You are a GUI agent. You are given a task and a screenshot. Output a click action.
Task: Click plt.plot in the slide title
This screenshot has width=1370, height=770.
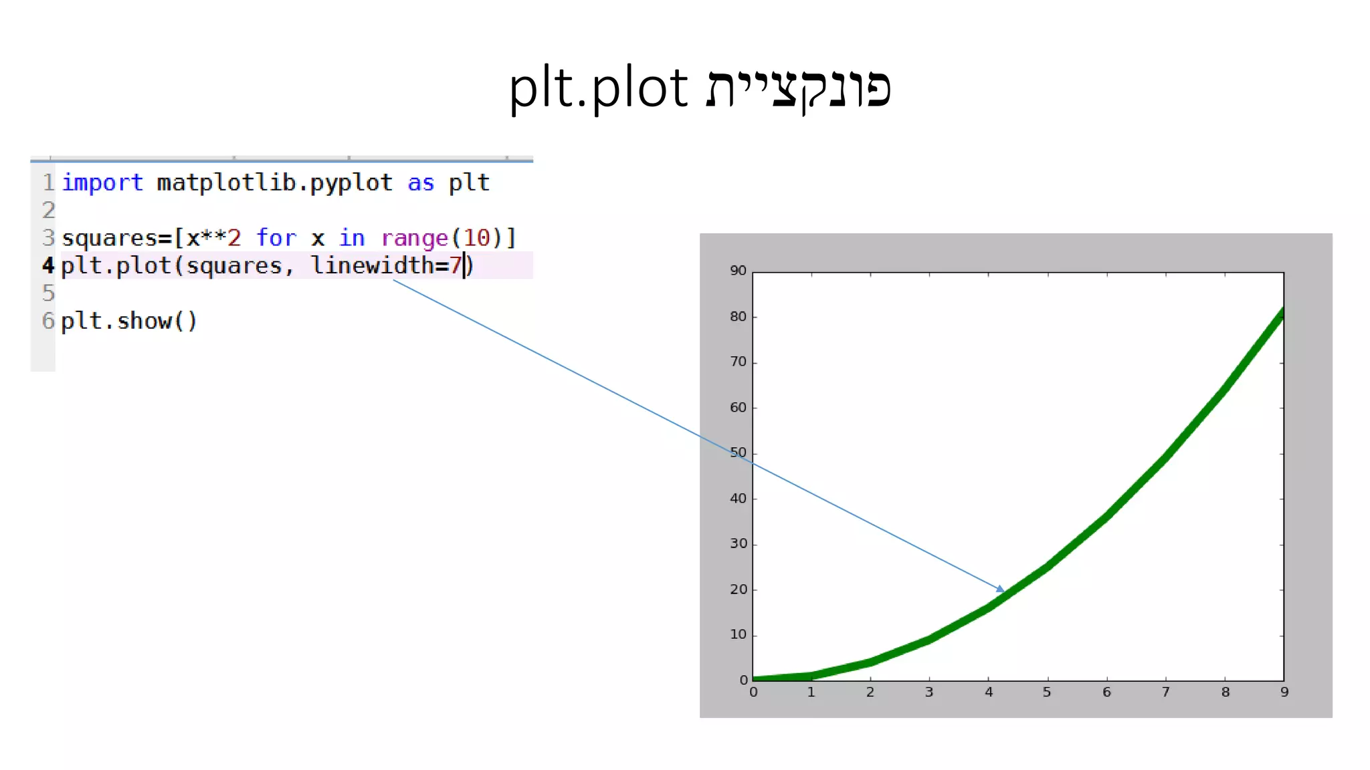point(598,88)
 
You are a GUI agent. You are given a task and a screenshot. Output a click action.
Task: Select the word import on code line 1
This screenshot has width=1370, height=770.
point(102,182)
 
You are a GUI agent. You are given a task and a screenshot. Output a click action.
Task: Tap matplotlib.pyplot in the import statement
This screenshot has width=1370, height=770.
point(274,182)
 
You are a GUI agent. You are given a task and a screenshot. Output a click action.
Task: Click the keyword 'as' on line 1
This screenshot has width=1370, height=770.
point(421,182)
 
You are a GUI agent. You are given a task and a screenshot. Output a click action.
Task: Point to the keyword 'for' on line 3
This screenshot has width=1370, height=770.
point(276,238)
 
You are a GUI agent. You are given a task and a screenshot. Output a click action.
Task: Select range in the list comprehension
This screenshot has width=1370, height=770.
point(414,238)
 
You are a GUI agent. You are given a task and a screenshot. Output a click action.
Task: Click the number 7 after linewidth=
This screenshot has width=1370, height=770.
point(456,265)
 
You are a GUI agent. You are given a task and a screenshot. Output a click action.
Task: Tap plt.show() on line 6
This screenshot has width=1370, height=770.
point(129,321)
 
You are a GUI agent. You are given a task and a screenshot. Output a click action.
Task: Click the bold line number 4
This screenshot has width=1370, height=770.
point(48,265)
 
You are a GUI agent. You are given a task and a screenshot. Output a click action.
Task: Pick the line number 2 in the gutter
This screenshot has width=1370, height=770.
point(48,211)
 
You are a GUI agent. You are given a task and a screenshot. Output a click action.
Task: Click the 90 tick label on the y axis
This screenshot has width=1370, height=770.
point(738,271)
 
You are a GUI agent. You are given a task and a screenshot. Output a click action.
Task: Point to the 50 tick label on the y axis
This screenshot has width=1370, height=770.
point(738,453)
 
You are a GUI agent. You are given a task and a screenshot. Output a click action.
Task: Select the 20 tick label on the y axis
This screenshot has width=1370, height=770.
point(738,590)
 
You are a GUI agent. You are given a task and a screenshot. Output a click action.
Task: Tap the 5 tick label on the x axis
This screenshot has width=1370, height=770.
point(1047,692)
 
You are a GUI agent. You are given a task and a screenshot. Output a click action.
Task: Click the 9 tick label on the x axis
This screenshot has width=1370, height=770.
point(1284,692)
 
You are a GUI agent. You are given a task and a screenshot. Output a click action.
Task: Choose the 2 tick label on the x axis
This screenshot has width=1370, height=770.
point(870,692)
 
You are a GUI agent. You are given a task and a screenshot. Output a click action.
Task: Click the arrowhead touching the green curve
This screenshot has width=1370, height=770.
point(1000,589)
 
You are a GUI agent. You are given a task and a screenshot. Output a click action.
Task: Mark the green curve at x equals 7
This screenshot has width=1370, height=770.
point(1166,458)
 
